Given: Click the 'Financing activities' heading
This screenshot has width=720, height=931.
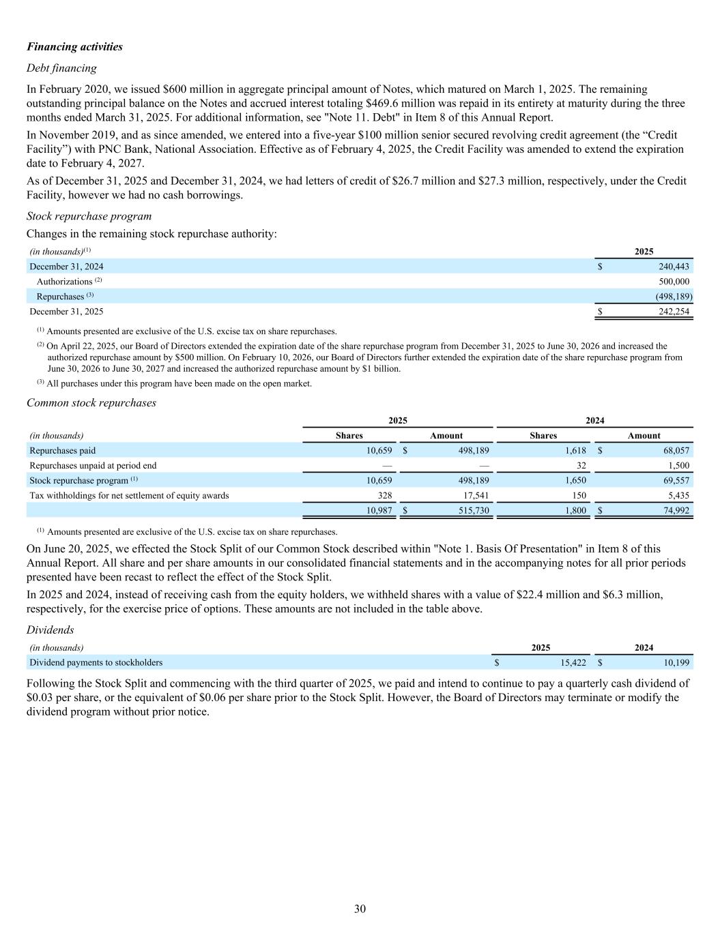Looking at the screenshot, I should click(75, 47).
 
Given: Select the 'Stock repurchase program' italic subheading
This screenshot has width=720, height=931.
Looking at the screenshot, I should click(89, 216).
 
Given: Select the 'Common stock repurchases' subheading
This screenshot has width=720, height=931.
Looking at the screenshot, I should click(91, 403).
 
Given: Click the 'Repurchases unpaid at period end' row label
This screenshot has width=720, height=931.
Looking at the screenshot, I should click(93, 466).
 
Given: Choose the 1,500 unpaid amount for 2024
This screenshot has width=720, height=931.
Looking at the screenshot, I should click(678, 466).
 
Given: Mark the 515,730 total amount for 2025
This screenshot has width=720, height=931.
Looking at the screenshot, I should click(472, 511).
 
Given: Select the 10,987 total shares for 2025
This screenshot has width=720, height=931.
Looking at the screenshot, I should click(379, 511).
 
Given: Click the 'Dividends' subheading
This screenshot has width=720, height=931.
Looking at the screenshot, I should click(50, 630).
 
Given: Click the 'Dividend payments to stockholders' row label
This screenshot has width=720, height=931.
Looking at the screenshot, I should click(96, 662).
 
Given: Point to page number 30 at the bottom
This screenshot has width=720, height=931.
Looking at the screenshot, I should click(360, 908).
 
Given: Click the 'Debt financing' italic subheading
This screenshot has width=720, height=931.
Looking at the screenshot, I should click(61, 68).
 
